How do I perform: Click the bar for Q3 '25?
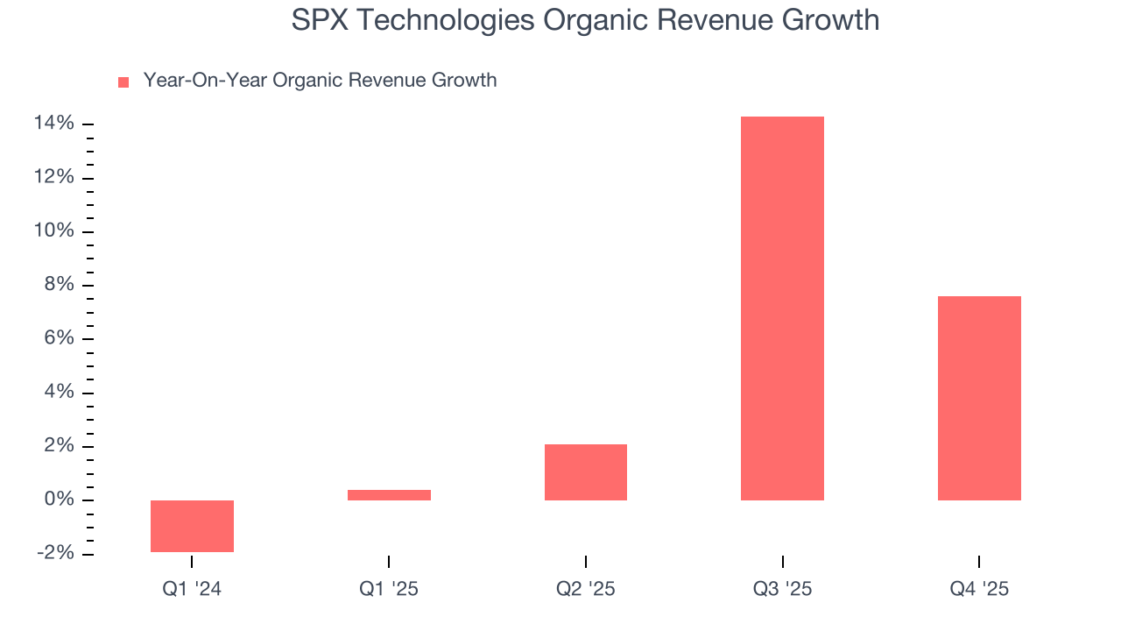pyautogui.click(x=782, y=308)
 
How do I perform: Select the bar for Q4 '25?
pyautogui.click(x=979, y=398)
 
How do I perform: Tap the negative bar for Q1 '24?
pyautogui.click(x=192, y=526)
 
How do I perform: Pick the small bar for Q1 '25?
pyautogui.click(x=389, y=495)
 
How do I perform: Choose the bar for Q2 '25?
pyautogui.click(x=585, y=472)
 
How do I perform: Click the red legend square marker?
pyautogui.click(x=123, y=82)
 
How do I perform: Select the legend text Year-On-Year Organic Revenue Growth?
pyautogui.click(x=320, y=81)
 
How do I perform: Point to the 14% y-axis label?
pyautogui.click(x=53, y=124)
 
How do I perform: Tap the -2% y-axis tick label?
pyautogui.click(x=54, y=553)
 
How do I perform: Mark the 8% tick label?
pyautogui.click(x=59, y=285)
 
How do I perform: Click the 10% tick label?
pyautogui.click(x=53, y=231)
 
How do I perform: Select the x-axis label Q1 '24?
pyautogui.click(x=192, y=589)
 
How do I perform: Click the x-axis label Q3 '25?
pyautogui.click(x=782, y=589)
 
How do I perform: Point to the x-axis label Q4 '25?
pyautogui.click(x=979, y=589)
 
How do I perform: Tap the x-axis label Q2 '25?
pyautogui.click(x=585, y=589)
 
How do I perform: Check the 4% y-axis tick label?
pyautogui.click(x=59, y=393)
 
